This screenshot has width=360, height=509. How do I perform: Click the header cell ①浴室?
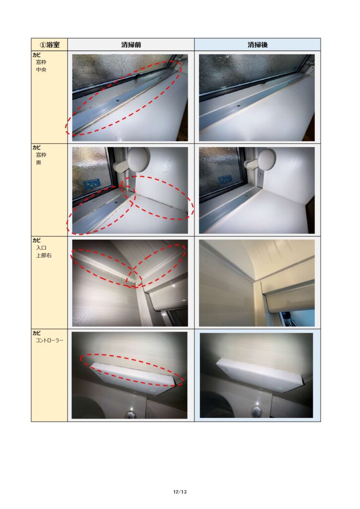49,44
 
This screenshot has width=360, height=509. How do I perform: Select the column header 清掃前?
131,44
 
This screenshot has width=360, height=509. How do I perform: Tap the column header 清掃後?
258,44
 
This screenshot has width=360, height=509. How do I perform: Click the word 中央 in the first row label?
41,70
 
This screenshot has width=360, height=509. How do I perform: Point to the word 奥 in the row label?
39,163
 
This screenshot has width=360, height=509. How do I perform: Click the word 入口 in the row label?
41,248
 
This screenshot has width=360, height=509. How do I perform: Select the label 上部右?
44,255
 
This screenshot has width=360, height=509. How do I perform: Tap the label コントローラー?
49,340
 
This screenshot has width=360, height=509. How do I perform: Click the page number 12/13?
180,492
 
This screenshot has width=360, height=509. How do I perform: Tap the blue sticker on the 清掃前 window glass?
92,185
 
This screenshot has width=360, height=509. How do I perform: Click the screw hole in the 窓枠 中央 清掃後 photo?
239,105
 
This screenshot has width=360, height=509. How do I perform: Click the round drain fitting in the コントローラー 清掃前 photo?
130,414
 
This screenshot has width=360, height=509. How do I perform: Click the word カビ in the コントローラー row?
36,333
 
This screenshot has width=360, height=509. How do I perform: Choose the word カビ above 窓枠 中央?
36,55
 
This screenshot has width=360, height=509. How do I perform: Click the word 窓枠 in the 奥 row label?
41,155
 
